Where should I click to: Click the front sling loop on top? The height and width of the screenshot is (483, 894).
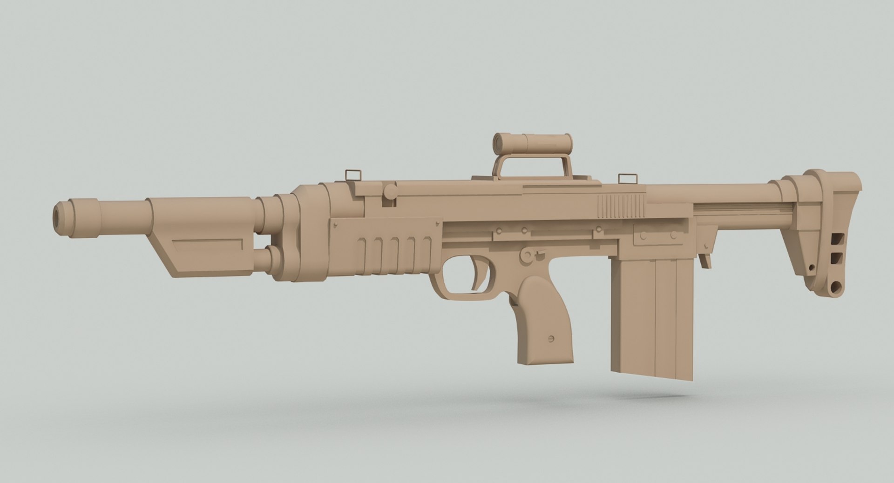[353, 175]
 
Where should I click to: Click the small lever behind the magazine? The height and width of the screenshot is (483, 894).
[705, 258]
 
